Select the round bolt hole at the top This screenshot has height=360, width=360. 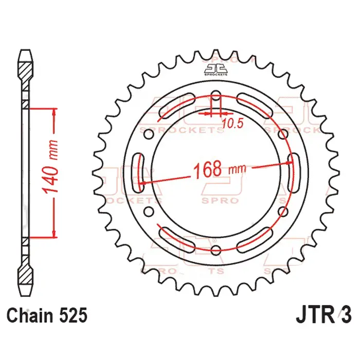point(216,96)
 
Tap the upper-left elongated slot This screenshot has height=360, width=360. point(176,106)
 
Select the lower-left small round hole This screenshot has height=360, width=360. point(150,211)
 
